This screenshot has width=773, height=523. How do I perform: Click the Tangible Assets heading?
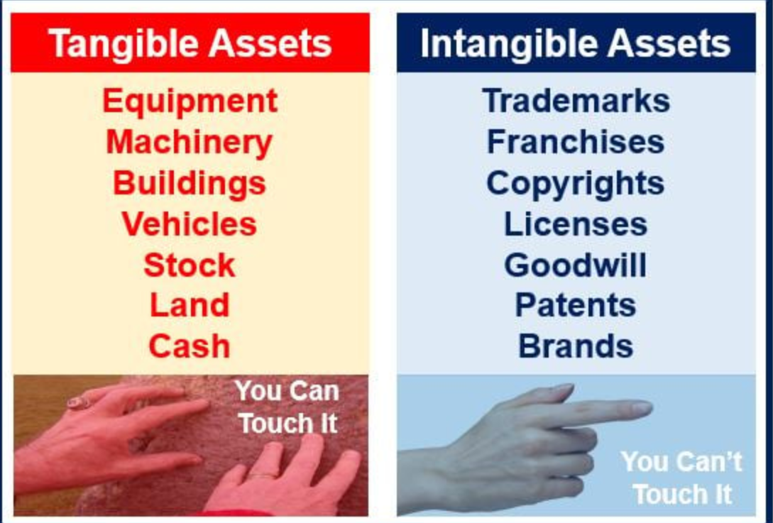pyautogui.click(x=190, y=43)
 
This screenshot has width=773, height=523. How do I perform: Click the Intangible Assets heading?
pyautogui.click(x=575, y=43)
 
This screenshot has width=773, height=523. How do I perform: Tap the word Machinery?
pyautogui.click(x=190, y=143)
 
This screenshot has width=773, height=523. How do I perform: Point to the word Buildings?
pyautogui.click(x=190, y=184)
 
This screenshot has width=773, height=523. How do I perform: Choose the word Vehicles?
pyautogui.click(x=190, y=224)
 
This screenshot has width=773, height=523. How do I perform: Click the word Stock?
pyautogui.click(x=190, y=265)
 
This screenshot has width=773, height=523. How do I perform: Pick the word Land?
pyautogui.click(x=190, y=305)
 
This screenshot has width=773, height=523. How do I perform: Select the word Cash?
pyautogui.click(x=190, y=346)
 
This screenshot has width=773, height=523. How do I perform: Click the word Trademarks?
pyautogui.click(x=576, y=101)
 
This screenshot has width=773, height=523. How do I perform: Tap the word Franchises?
pyautogui.click(x=575, y=142)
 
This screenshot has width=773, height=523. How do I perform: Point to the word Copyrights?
pyautogui.click(x=575, y=184)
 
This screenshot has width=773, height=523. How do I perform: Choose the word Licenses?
pyautogui.click(x=575, y=224)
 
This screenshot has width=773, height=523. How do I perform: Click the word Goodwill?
pyautogui.click(x=575, y=265)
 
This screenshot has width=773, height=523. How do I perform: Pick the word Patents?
pyautogui.click(x=575, y=305)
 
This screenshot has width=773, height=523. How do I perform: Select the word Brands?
pyautogui.click(x=575, y=346)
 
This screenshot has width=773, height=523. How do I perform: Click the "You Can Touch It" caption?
pyautogui.click(x=287, y=407)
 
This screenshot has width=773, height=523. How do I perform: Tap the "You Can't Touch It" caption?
pyautogui.click(x=682, y=478)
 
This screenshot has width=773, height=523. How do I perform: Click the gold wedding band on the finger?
pyautogui.click(x=261, y=475)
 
